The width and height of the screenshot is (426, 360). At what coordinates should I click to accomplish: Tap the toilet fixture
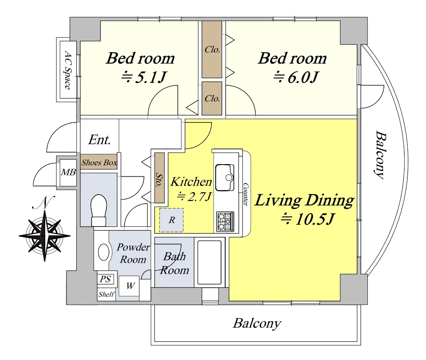[x=99, y=210]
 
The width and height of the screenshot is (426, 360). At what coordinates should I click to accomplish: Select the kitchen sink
[x=225, y=177]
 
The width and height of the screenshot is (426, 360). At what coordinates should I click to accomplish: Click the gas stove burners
[x=225, y=222]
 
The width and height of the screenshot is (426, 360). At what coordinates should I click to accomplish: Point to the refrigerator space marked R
[x=171, y=220]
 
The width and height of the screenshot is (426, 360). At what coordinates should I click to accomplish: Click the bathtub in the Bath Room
[x=209, y=262]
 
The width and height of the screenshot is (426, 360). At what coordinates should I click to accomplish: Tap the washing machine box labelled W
[x=129, y=286]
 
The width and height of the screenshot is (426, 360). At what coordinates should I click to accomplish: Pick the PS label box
[x=106, y=279]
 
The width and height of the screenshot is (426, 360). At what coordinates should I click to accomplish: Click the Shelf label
[x=106, y=294]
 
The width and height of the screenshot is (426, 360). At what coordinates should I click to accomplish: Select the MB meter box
[x=68, y=172]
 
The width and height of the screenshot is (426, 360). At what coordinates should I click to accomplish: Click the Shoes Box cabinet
[x=99, y=162]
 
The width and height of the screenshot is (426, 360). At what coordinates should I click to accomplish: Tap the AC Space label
[x=68, y=70]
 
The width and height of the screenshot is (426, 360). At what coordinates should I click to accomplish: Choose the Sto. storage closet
[x=160, y=178]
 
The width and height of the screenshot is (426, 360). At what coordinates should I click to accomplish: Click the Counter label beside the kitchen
[x=245, y=194]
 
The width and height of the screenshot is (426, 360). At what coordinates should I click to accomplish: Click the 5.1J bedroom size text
[x=144, y=78]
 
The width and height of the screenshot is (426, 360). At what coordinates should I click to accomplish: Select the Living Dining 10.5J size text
[x=307, y=219]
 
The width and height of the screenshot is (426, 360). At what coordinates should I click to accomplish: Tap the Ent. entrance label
[x=99, y=140]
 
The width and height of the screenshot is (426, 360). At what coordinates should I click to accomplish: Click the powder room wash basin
[x=104, y=252]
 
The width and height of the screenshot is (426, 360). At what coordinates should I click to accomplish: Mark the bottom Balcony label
[x=257, y=324]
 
